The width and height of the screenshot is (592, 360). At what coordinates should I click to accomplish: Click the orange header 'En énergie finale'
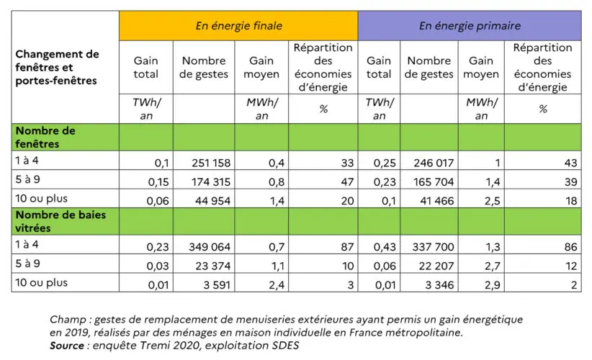tap(238, 26)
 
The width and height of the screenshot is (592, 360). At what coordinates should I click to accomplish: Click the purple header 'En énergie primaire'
tap(470, 26)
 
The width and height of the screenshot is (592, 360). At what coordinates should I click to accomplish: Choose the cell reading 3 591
tap(212, 284)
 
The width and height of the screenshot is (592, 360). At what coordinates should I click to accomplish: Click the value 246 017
tap(429, 163)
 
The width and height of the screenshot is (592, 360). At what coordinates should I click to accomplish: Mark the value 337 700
tap(429, 246)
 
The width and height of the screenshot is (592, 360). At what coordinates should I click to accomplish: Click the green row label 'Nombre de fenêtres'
tap(45, 137)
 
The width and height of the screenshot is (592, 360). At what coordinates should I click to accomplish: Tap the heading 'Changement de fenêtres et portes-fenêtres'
tap(57, 67)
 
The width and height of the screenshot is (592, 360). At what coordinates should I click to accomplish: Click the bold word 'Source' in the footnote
tap(67, 345)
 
